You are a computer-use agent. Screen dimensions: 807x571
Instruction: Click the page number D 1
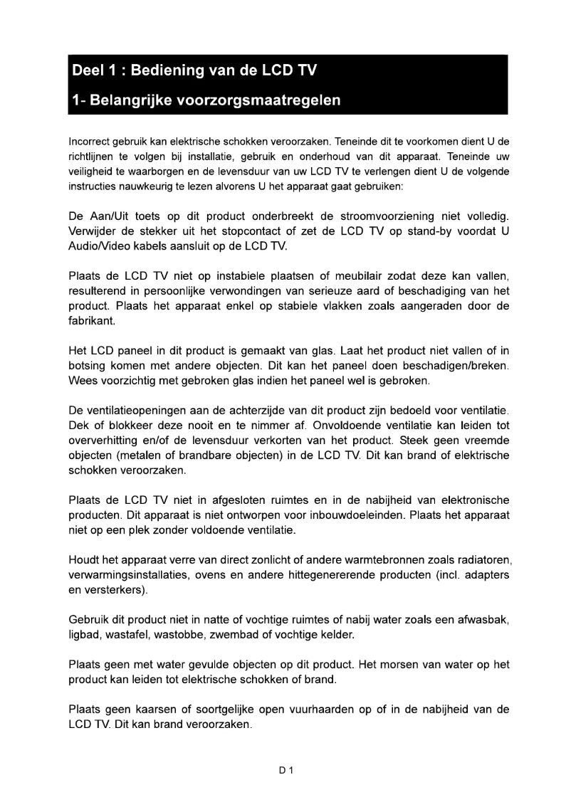[x=286, y=770]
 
